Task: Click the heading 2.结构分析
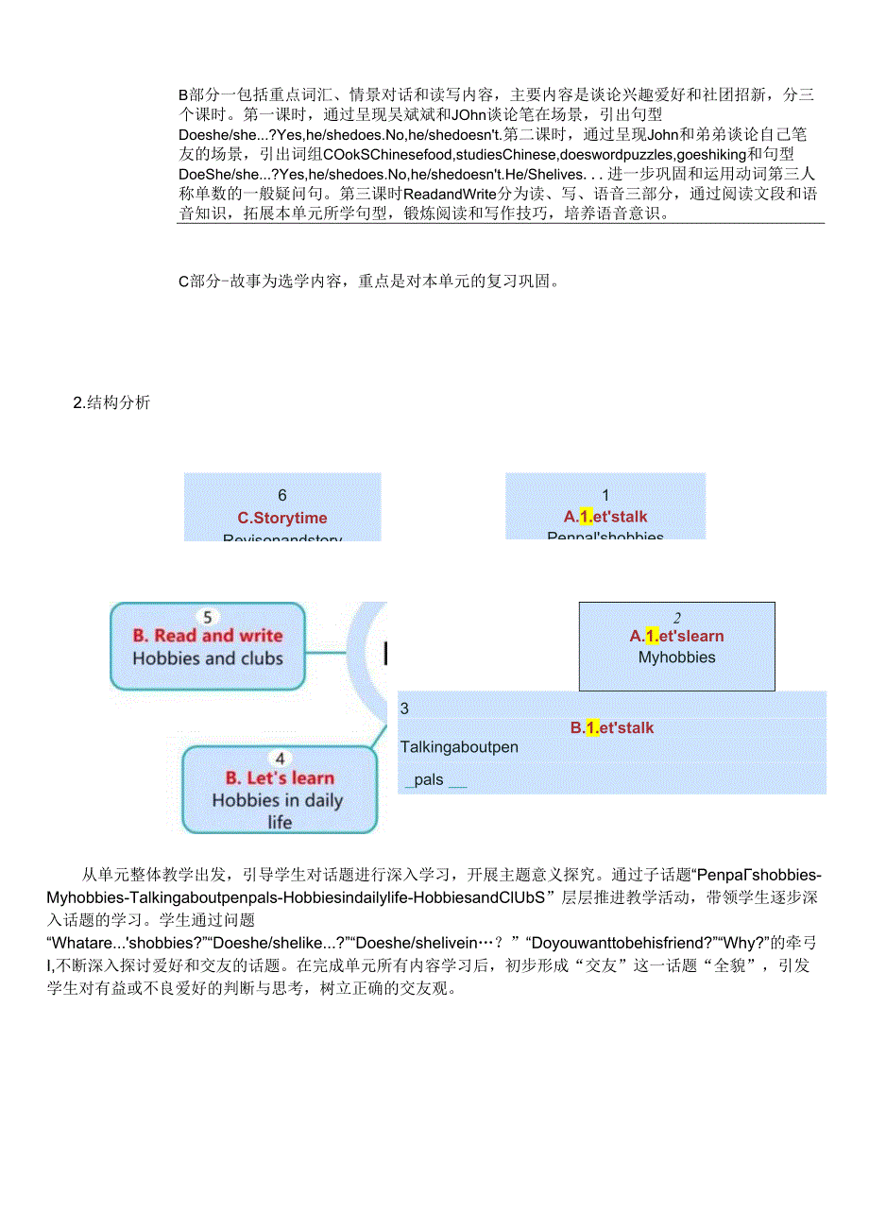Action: tap(111, 403)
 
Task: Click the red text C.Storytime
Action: tap(282, 518)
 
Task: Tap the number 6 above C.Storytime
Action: tap(282, 495)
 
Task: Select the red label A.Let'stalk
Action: tap(605, 517)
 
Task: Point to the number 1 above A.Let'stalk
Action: tap(605, 495)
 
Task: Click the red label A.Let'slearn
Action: tap(676, 636)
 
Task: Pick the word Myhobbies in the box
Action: tap(676, 657)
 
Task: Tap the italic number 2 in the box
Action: tap(677, 618)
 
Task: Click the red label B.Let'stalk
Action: tap(611, 728)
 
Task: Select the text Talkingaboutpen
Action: tap(459, 747)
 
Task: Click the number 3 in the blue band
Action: tap(404, 708)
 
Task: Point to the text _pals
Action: tap(425, 780)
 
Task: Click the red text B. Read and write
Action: tap(208, 636)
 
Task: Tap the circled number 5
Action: tap(208, 618)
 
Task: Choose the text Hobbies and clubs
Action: tap(208, 658)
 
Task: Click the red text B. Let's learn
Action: tap(280, 778)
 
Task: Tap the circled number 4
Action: tap(280, 759)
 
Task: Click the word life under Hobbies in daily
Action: tap(280, 822)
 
